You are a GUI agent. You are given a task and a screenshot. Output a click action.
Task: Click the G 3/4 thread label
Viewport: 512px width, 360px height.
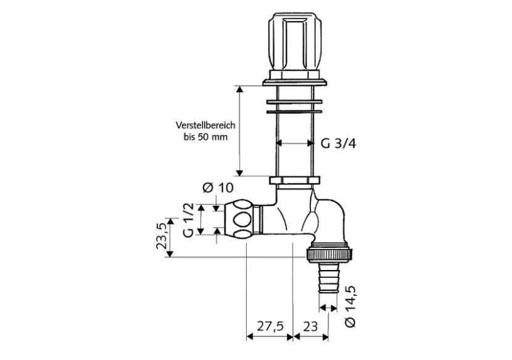coord(339,144)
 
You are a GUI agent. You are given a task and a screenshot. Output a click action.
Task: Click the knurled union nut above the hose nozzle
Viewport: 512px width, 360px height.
coord(329,253)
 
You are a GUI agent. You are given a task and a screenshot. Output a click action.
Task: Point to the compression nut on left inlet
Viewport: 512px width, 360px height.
coord(242,218)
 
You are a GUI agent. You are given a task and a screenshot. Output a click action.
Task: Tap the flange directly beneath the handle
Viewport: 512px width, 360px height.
coord(295,80)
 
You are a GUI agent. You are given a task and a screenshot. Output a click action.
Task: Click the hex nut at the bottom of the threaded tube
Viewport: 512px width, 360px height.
coord(295,181)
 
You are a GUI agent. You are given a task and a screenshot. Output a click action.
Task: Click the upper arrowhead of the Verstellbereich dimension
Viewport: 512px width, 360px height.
coord(241,89)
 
